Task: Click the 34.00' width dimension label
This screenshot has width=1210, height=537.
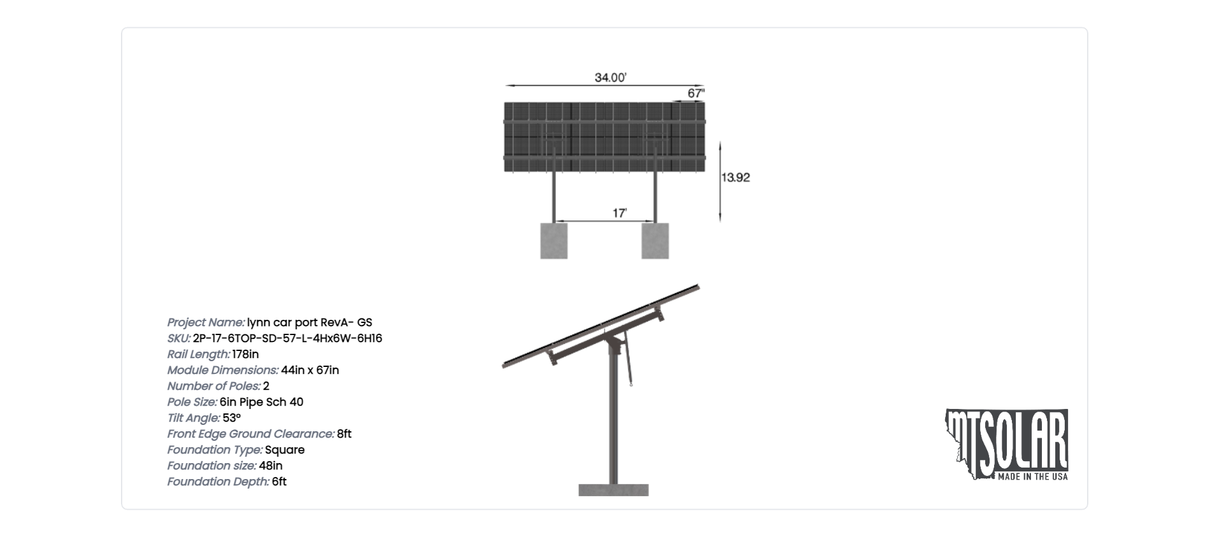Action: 611,78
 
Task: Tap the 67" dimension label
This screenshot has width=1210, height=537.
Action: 696,94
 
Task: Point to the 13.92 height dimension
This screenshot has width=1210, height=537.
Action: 736,178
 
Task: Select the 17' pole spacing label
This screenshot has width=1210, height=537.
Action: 620,213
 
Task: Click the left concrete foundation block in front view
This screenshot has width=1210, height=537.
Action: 554,241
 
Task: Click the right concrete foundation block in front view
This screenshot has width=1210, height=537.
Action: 655,241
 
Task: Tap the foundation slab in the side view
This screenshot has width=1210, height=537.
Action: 613,490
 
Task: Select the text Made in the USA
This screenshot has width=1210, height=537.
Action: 1032,476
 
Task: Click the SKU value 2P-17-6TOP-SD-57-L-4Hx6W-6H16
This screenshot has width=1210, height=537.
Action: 287,338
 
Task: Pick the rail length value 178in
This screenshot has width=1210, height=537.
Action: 245,354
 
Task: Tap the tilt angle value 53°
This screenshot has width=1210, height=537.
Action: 232,418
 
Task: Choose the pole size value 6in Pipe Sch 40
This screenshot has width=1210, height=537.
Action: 261,402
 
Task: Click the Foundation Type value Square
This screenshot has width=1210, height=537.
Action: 285,450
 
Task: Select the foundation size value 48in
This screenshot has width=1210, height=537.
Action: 271,466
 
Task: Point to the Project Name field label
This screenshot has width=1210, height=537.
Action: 206,322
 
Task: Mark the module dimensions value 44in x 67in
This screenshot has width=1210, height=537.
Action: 310,370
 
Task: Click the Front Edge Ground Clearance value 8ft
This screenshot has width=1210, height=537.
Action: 344,434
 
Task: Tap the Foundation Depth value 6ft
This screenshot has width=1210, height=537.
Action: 279,482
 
